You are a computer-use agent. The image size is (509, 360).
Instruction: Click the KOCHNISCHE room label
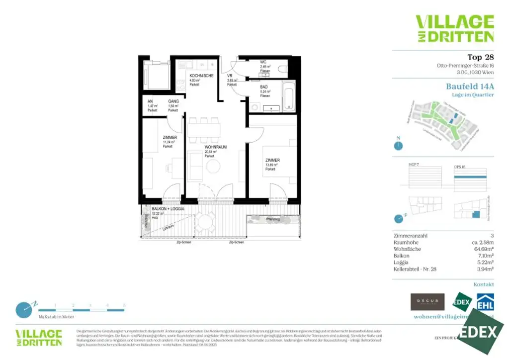point(201,76)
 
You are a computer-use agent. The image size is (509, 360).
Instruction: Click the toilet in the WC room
point(283,68)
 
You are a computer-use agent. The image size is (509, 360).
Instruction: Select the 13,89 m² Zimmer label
point(272,160)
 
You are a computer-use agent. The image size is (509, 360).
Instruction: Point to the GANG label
point(173,101)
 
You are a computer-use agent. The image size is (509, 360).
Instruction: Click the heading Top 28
point(480,57)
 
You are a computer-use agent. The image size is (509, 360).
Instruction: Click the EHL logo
point(485,301)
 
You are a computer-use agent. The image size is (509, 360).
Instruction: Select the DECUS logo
point(427,302)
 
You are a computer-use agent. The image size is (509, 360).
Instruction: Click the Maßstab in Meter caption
point(56,317)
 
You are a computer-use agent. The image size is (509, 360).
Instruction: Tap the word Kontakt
point(484,285)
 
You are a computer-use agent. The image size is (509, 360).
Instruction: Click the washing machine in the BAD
point(254,106)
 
